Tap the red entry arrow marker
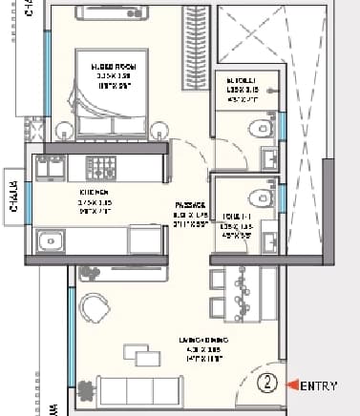pos(296,385)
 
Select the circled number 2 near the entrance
pos(269,385)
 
